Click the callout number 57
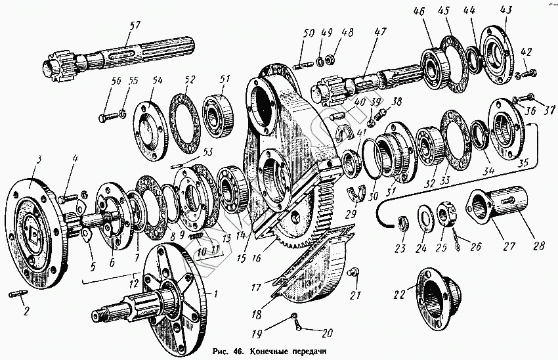pos(135,26)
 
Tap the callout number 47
pos(380,32)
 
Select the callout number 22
pos(400,294)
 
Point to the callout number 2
pos(26,311)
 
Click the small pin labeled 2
pos(17,294)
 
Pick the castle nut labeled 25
pos(444,214)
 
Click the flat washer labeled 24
pos(425,217)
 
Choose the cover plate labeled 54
pos(150,131)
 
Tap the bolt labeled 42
pos(526,74)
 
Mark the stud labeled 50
pos(303,66)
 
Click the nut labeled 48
pos(329,60)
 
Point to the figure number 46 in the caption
pos(239,351)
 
